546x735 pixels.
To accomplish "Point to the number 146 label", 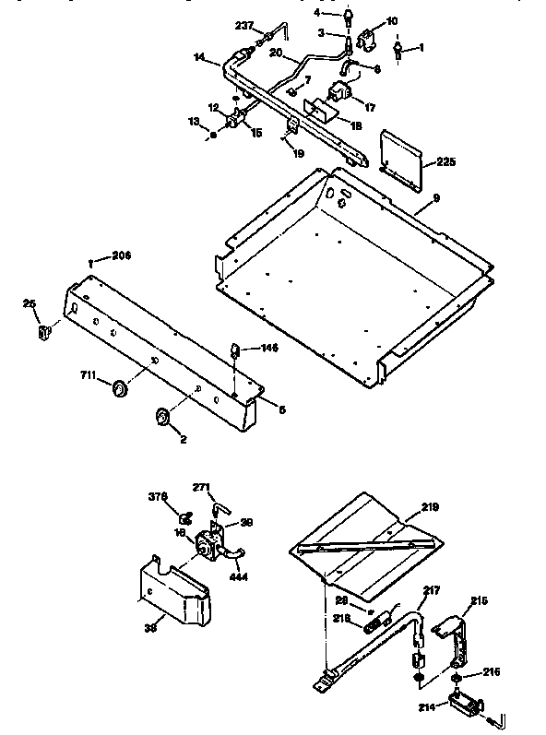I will click(267, 349).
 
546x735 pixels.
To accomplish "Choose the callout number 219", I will click(430, 506).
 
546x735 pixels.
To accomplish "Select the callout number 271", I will click(202, 487).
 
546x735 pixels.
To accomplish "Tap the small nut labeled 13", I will click(213, 135).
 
